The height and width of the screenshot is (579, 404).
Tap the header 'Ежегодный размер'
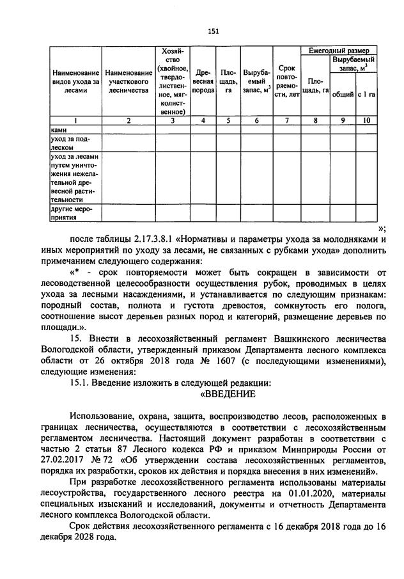[339, 50]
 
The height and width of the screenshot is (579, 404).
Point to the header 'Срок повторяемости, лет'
[286, 81]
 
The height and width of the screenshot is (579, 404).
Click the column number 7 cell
[286, 120]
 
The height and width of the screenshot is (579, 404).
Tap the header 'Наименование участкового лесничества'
[128, 81]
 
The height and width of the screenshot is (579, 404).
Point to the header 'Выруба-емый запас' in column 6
[256, 81]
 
